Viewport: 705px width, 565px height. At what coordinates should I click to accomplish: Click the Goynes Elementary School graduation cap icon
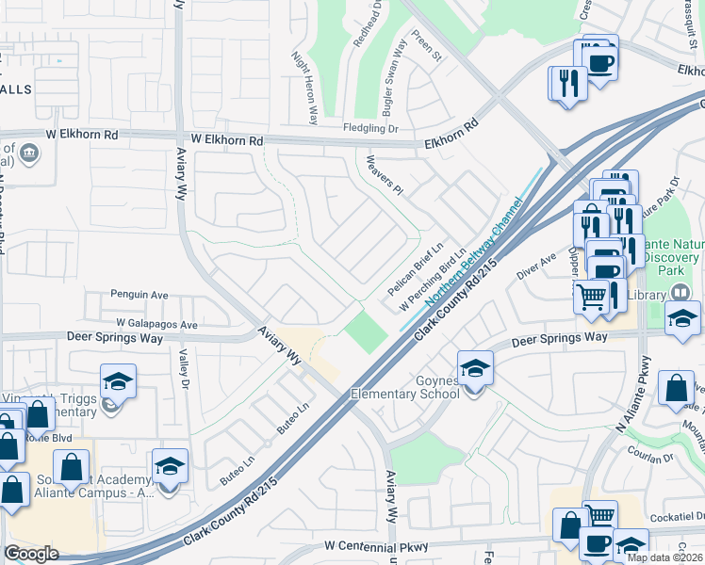476,367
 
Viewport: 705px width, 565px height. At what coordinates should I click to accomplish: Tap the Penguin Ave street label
139,295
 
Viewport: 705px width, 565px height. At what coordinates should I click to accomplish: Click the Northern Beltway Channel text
474,252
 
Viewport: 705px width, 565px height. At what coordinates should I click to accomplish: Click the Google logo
31,554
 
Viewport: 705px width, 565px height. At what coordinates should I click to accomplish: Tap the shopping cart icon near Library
590,296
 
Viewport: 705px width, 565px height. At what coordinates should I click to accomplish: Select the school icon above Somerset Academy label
170,466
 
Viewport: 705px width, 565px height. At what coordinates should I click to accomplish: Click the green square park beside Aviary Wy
366,331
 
